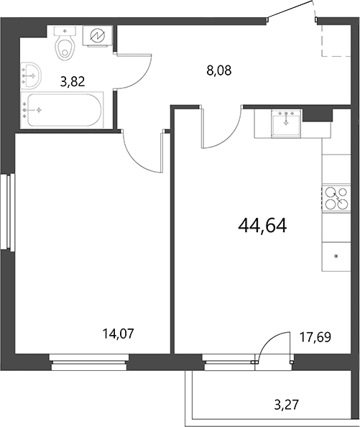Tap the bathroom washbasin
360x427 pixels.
[31, 75]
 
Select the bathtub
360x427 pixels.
[63, 110]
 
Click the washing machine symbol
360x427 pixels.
[98, 36]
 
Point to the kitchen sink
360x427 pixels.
[286, 124]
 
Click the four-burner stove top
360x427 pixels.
[336, 198]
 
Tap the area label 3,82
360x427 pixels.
[73, 81]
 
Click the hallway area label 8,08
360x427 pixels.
[219, 70]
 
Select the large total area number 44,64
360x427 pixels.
[262, 226]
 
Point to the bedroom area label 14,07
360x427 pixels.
[119, 334]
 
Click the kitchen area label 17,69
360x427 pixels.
[315, 337]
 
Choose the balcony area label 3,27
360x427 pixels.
[286, 405]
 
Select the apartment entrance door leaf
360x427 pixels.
[290, 9]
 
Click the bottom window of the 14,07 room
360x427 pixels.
[89, 362]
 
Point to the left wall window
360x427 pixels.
[7, 211]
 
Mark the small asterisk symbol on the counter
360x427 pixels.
[336, 256]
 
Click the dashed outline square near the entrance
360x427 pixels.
[336, 41]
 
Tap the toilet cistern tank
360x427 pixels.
[65, 31]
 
